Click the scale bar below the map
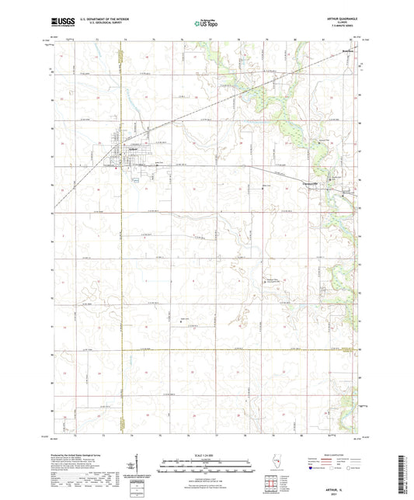click(207, 465)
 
